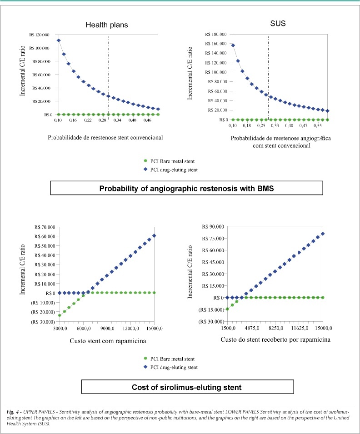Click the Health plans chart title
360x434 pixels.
click(x=107, y=25)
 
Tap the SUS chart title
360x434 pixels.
click(x=278, y=24)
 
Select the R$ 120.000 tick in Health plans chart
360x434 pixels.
click(x=40, y=35)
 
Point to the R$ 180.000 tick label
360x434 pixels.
click(x=216, y=35)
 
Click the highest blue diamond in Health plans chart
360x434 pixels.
click(x=59, y=40)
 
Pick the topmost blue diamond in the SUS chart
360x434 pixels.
click(x=233, y=45)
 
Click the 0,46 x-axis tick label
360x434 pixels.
click(x=147, y=120)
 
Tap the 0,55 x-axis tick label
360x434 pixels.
click(x=318, y=125)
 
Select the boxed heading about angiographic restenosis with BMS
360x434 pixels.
click(x=187, y=188)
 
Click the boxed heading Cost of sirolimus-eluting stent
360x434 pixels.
click(x=187, y=387)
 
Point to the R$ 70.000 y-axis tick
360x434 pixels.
click(x=45, y=227)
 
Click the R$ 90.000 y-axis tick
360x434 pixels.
click(x=213, y=227)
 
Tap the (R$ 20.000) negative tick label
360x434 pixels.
click(x=43, y=312)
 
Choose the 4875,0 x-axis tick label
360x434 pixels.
click(x=252, y=328)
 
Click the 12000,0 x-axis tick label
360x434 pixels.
click(x=131, y=329)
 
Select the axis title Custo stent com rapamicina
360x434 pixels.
click(x=108, y=341)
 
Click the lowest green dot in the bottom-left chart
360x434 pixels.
click(x=60, y=315)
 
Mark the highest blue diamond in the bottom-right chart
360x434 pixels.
click(x=323, y=234)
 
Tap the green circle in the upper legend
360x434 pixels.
click(x=145, y=161)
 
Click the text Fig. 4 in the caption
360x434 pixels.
click(x=12, y=412)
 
